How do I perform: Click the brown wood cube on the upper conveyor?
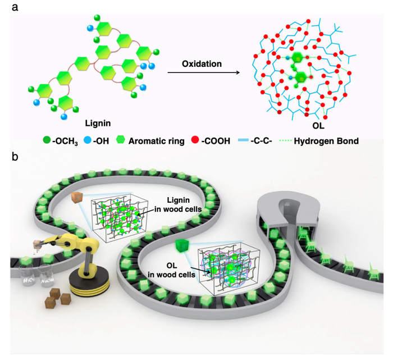pyautogui.click(x=77, y=197)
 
